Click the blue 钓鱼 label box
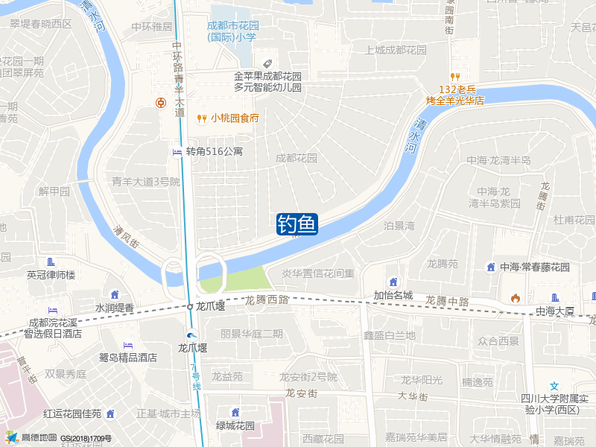(297, 223)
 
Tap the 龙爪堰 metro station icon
(192, 335)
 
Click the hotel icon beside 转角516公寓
(177, 152)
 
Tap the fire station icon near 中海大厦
(515, 298)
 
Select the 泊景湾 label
(399, 225)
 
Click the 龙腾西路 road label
(267, 299)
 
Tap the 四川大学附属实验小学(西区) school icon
(554, 386)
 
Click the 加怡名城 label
(393, 294)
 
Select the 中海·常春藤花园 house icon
(490, 267)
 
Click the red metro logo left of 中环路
(160, 103)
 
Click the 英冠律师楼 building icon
(51, 262)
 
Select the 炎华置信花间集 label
(318, 273)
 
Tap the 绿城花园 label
(235, 425)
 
